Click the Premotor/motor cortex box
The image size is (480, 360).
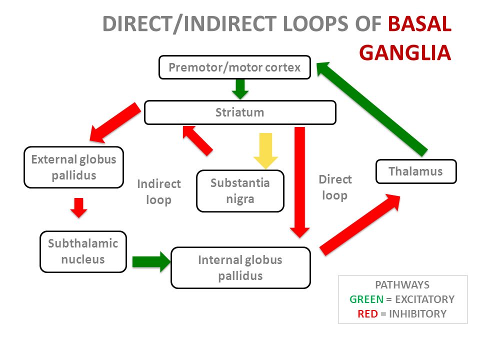[235, 67]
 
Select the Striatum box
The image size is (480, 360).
[240, 112]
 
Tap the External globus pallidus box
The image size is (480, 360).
[74, 167]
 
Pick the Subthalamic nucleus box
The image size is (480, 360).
[83, 251]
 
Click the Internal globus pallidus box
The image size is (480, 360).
[240, 267]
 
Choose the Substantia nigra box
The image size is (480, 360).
[240, 191]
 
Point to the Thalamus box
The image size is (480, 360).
[416, 171]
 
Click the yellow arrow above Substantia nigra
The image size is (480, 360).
[265, 150]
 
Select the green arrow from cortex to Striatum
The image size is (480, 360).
[240, 89]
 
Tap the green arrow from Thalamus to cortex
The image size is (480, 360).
[372, 108]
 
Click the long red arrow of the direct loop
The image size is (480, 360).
[299, 182]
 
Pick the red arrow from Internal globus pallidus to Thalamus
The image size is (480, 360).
[360, 224]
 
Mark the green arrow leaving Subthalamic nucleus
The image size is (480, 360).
[151, 261]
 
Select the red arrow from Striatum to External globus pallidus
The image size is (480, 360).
[115, 123]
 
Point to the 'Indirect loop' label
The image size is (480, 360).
[159, 192]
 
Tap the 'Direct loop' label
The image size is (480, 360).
[335, 187]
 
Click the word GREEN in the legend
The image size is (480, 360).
[366, 299]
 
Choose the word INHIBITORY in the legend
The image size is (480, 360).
[417, 314]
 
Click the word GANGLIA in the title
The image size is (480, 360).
[405, 52]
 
